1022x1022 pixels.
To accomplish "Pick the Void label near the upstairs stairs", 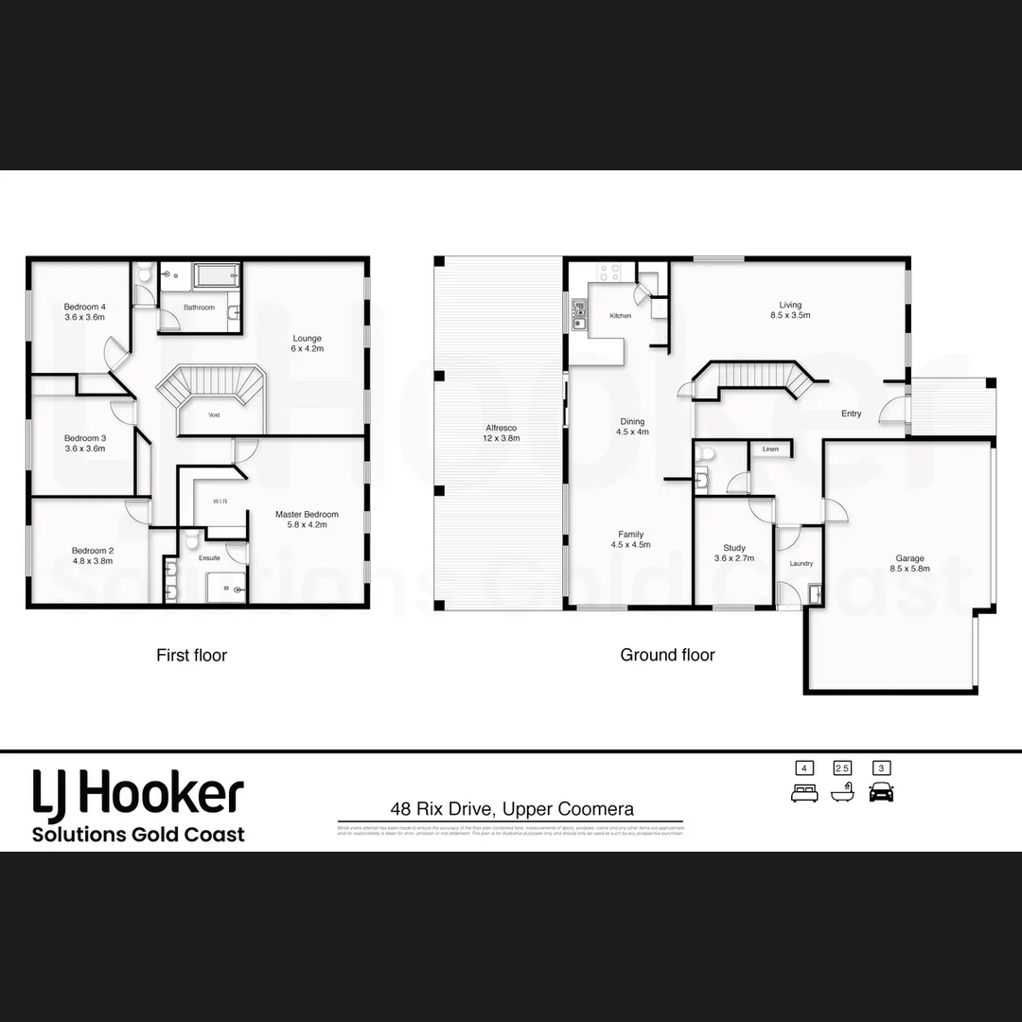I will (215, 414).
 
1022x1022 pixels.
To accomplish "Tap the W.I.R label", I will (220, 502).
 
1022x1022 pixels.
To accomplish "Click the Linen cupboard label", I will (770, 449).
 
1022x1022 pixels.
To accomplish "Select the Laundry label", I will (802, 564).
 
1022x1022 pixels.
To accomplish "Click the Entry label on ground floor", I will (852, 414).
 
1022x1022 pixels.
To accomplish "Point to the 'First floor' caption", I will (191, 655).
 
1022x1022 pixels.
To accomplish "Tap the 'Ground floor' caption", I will (667, 655).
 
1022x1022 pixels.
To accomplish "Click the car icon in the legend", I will (882, 792).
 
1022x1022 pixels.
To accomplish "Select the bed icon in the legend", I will (804, 792).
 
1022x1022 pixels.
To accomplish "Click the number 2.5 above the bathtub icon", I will (842, 768).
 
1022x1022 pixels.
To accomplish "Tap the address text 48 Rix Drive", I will (512, 809).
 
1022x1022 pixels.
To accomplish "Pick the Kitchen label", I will (620, 316).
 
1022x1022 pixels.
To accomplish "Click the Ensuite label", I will (209, 558).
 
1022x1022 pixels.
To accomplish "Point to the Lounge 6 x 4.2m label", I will (307, 344).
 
